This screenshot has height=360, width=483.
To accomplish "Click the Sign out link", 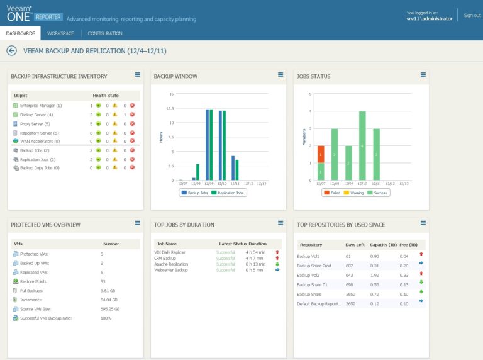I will pos(472,15).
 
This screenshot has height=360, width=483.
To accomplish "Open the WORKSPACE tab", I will pos(60,33).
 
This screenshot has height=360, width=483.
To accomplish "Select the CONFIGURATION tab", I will pos(105,33).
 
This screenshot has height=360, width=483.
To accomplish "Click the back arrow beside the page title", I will pos(11,51).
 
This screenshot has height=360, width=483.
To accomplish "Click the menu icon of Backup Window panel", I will pos(281,75).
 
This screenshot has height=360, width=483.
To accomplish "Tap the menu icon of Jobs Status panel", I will pos(425,75).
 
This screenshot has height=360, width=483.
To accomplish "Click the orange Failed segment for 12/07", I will pos(321,154).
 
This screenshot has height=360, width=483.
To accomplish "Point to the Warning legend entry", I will pos(355,193).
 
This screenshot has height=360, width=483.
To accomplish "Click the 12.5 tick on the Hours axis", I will pos(169,108).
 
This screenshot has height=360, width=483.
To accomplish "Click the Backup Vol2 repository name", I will pos(308,274).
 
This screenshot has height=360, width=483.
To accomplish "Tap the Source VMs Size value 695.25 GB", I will pos(109,309).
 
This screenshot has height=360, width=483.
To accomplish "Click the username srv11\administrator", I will pos(429,19).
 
